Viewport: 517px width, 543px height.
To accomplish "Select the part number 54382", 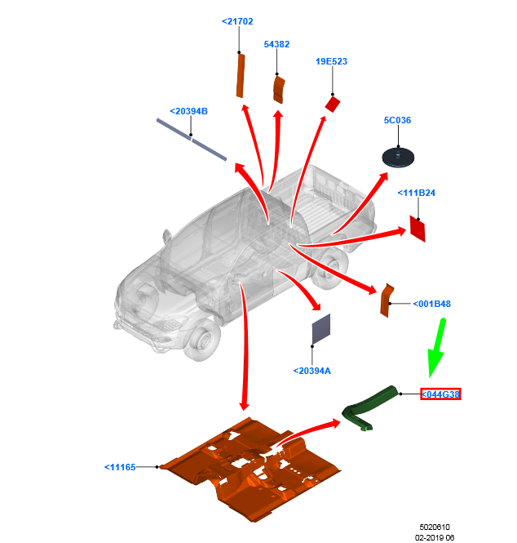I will point(276,44).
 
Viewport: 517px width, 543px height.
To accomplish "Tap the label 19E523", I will point(331,61).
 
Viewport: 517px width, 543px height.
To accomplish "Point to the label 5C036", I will point(397,120).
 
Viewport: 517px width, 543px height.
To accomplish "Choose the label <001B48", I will point(431,304).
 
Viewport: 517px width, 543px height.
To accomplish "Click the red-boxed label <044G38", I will point(440,394).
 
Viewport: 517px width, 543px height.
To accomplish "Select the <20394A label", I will point(312,371).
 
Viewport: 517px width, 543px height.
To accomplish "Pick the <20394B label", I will point(188,111).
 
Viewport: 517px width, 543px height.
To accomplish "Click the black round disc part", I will point(398,157).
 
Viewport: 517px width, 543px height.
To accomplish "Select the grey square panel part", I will point(321,328).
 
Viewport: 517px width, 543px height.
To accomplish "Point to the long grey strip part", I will point(192,139).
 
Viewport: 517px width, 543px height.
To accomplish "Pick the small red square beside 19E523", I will point(332,104).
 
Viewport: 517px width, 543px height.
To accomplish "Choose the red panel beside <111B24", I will point(418,229).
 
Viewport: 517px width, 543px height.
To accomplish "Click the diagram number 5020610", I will point(435,527).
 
